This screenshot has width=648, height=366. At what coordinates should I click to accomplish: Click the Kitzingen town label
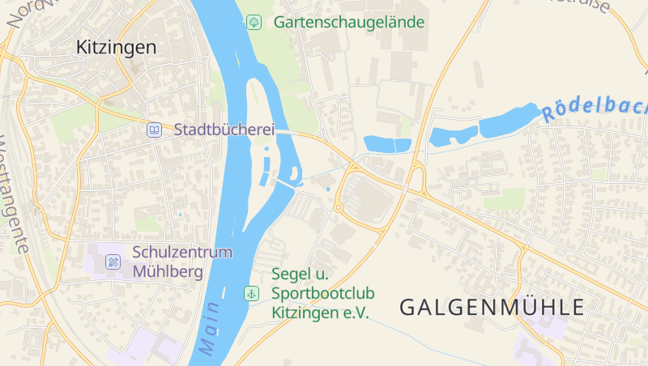tap(116, 47)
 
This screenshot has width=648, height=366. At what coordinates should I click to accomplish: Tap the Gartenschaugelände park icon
tap(254, 22)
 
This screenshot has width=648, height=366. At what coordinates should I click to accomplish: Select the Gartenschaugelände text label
tap(348, 22)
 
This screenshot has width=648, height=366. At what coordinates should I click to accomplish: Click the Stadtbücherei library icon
tap(154, 130)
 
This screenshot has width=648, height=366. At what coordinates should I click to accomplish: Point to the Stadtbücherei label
tap(224, 130)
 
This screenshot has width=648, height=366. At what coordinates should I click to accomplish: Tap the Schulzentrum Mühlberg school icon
tap(113, 262)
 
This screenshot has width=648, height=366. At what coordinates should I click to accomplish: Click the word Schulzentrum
tap(181, 252)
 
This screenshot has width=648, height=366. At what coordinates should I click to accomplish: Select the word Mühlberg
tap(168, 271)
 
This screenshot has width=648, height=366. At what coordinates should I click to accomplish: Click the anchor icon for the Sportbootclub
tap(253, 292)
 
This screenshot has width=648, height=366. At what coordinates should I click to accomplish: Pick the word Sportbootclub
tap(323, 292)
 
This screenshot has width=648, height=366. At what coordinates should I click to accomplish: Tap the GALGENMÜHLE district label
tap(492, 307)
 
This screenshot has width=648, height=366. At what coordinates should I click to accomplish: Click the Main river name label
tap(209, 328)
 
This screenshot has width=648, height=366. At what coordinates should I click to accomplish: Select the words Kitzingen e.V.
tap(320, 312)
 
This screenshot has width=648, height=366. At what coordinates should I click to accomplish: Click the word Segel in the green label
tap(292, 274)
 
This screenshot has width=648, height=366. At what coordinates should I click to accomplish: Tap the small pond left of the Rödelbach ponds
tap(388, 145)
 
